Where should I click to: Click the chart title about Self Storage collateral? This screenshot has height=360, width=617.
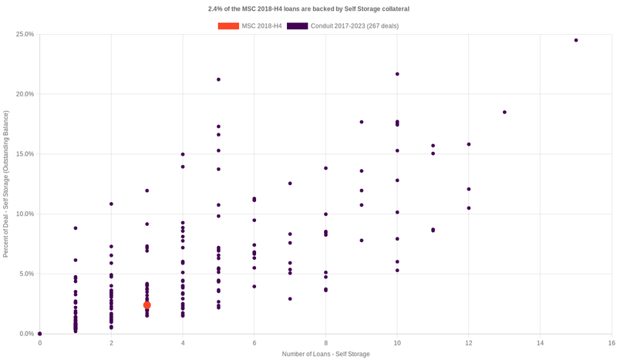308,8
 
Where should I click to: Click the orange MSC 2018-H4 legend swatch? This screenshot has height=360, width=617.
228,26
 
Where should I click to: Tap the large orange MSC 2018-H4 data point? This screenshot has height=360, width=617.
147,305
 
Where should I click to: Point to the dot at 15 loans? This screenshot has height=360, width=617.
576,40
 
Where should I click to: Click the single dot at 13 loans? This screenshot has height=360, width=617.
504,113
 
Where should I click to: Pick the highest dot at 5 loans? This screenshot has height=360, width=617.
218,79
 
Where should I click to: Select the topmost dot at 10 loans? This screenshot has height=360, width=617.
397,74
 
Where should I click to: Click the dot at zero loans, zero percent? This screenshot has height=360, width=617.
40,334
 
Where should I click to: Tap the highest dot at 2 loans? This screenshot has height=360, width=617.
111,204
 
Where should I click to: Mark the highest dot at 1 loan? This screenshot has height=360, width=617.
76,228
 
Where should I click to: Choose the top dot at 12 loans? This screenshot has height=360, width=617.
469,144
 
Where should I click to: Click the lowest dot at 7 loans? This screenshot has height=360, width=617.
290,299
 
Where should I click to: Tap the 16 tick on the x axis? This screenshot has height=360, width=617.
612,342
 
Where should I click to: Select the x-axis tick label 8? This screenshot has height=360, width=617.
325,342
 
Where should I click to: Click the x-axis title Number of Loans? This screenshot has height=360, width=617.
325,354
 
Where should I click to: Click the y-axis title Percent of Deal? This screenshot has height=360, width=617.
7,184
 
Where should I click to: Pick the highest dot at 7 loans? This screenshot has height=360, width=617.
290,183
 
